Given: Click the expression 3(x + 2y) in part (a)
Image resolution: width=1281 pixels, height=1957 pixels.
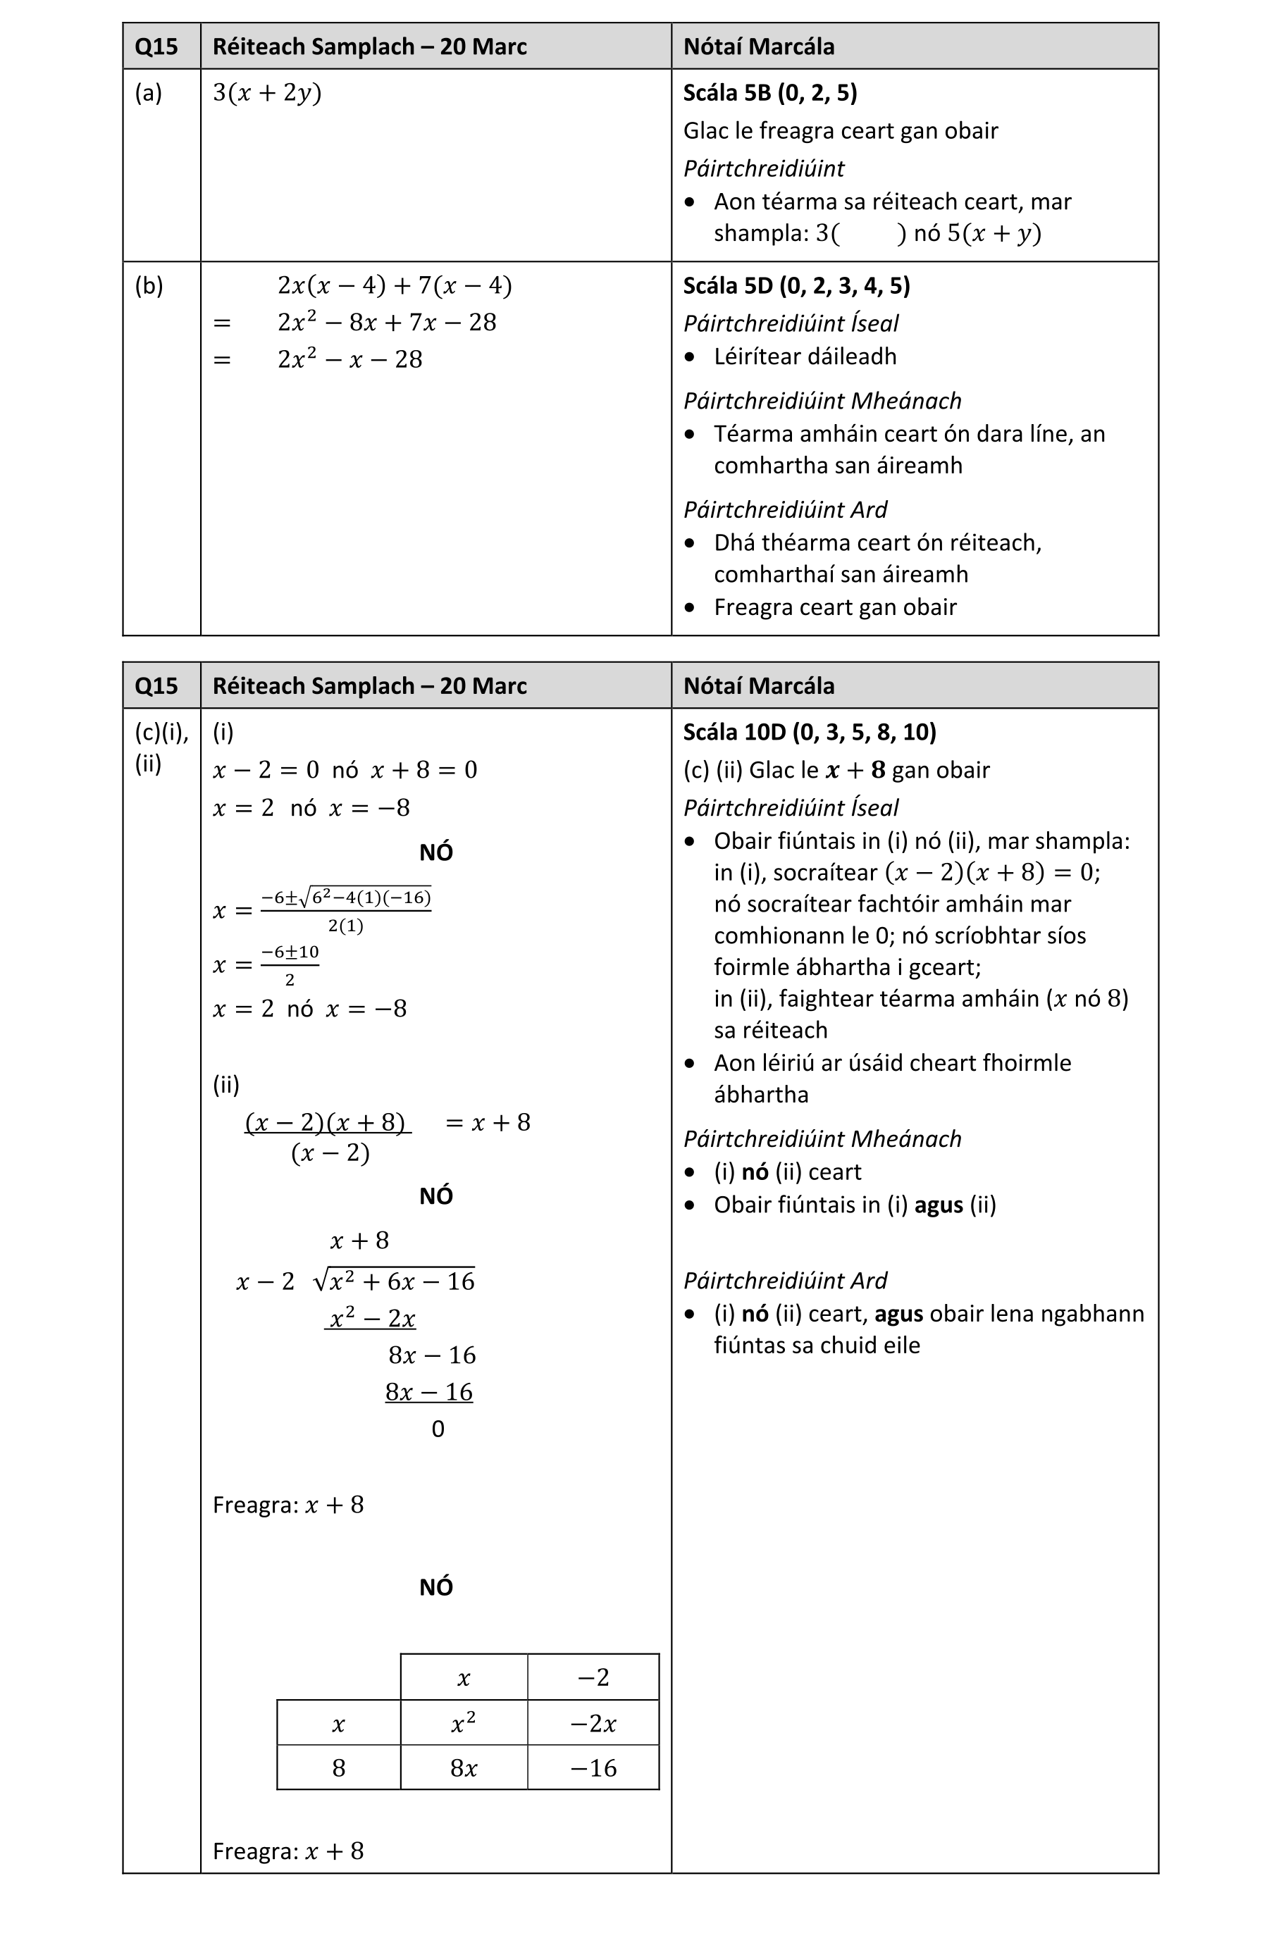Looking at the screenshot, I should point(266,92).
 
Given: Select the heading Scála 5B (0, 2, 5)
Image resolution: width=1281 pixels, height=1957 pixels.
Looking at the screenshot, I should point(769,92).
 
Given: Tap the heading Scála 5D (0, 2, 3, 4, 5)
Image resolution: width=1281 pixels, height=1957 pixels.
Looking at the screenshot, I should point(796,285).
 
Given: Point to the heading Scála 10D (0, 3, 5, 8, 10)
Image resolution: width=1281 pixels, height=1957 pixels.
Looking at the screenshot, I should point(809,732).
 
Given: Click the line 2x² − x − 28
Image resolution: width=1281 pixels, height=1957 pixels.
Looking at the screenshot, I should point(349,359).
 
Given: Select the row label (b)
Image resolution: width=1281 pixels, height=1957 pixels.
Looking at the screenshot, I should point(149,285).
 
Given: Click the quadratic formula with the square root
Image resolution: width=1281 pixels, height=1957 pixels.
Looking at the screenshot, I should point(345,909).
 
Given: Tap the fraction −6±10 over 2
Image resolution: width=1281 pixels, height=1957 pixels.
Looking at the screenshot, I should point(290,964).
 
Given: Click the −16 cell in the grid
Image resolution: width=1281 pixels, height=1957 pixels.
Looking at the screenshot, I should point(593,1768).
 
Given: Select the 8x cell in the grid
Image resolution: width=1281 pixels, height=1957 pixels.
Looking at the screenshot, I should point(463,1768).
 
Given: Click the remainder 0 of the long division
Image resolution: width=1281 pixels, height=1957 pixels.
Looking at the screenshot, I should point(438,1429).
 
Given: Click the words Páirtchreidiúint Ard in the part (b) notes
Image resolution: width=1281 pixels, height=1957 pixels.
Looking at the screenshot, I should point(784,510).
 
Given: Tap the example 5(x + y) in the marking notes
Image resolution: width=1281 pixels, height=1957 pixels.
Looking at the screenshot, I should point(994,233).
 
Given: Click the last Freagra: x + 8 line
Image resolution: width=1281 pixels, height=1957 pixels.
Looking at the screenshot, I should point(287,1851).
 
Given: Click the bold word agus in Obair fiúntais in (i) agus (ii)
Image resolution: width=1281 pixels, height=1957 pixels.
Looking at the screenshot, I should point(938,1205).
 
